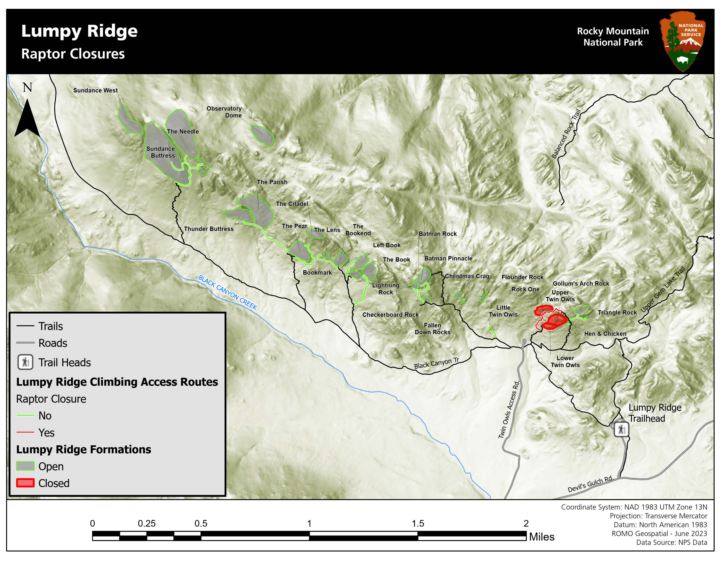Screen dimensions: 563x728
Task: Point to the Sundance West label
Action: point(95,90)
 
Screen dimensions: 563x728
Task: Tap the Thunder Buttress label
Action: point(209,229)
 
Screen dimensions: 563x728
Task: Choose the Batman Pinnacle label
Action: point(448,259)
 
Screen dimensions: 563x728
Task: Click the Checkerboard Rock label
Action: point(390,315)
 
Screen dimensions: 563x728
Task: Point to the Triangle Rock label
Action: point(617,312)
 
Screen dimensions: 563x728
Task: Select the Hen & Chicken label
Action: point(605,334)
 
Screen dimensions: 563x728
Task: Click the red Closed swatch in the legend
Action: point(25,483)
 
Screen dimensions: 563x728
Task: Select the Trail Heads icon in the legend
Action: point(25,362)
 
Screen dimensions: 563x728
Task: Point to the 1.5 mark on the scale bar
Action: point(418,524)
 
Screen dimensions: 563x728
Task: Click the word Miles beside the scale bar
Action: point(542,537)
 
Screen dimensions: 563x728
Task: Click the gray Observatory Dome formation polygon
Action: point(262,135)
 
